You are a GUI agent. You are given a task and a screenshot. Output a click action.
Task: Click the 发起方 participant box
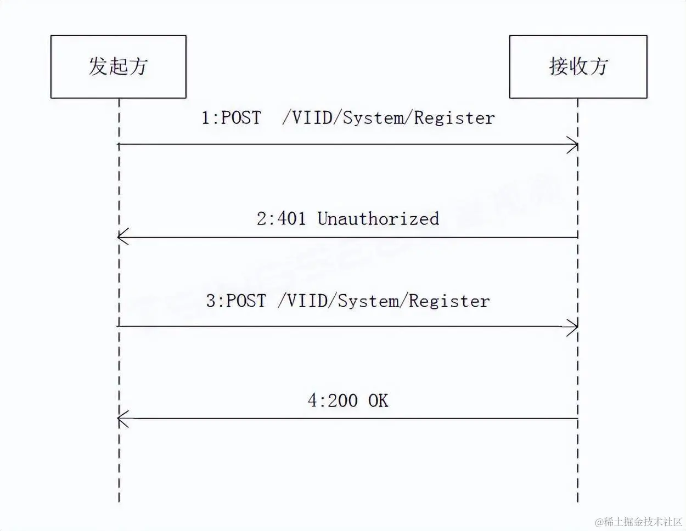[x=118, y=67]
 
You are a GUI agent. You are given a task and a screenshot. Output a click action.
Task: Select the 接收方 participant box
[x=578, y=67]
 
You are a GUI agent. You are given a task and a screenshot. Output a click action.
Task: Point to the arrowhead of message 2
[x=121, y=238]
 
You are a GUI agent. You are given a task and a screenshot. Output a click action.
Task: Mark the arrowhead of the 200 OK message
[x=121, y=419]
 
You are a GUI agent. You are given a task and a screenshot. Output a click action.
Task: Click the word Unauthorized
[x=378, y=218]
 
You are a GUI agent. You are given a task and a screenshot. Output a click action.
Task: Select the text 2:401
[x=281, y=218]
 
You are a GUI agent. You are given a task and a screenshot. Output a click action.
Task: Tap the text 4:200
[x=333, y=400]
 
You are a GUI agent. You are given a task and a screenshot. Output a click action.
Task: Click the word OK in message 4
[x=378, y=400]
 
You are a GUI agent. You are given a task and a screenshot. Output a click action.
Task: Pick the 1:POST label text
[x=231, y=117]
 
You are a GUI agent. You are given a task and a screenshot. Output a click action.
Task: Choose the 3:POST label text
[x=236, y=301]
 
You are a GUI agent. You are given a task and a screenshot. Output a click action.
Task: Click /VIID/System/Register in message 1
[x=389, y=117]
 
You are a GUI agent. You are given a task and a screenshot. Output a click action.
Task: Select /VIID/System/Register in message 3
[x=384, y=301]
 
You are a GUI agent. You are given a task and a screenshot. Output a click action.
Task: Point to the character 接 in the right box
[x=558, y=66]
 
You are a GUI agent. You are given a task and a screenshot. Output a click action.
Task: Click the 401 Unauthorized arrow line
[x=351, y=238]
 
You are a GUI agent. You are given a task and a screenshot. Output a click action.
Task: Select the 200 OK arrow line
[x=351, y=419]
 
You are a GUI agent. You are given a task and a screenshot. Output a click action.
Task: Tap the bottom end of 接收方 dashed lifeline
[x=578, y=500]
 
